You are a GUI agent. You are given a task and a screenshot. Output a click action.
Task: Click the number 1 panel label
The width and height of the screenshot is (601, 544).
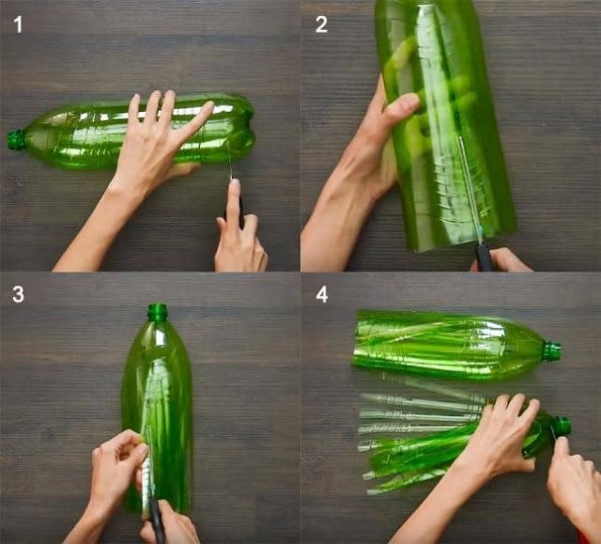[x=18, y=24]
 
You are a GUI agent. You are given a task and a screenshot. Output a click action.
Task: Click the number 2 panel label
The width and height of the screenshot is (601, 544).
[x=321, y=24]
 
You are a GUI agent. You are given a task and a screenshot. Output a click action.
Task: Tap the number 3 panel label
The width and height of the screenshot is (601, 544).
[x=18, y=294]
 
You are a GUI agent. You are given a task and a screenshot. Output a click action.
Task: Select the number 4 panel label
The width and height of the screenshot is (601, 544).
[x=321, y=294]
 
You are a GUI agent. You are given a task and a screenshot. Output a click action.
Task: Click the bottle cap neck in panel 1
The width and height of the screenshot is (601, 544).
[x=16, y=140]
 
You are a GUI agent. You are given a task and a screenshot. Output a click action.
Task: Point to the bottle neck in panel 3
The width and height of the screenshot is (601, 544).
[x=158, y=312]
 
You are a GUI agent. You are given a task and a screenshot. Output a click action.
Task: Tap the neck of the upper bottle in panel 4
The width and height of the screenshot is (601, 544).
[x=551, y=350]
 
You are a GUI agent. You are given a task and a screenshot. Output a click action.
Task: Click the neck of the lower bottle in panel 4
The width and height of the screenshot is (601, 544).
[x=561, y=427]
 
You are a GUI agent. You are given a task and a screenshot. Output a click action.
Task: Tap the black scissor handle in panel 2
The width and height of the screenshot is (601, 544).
[x=483, y=256]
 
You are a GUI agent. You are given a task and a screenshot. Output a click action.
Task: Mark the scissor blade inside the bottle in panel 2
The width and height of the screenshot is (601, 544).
[x=470, y=188]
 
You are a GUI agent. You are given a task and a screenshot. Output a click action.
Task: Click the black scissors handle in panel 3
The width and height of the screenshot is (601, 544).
[x=157, y=521]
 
